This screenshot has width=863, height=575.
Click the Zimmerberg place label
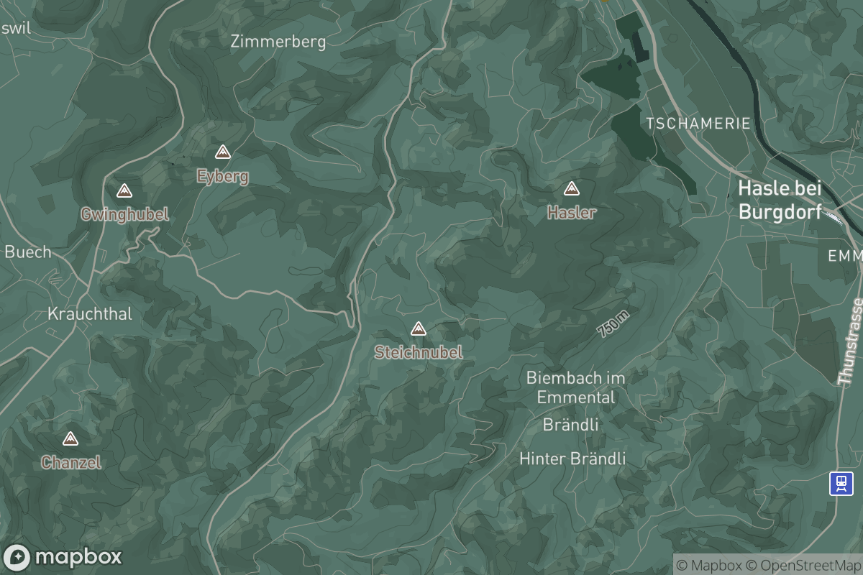pyautogui.click(x=278, y=42)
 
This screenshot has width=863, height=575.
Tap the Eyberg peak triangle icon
pyautogui.click(x=223, y=152)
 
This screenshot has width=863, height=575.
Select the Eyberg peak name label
pyautogui.click(x=223, y=176)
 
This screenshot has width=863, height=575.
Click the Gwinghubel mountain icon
pyautogui.click(x=124, y=190)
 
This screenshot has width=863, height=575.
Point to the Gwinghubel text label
pyautogui.click(x=124, y=214)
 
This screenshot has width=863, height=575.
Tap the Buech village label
pyautogui.click(x=28, y=252)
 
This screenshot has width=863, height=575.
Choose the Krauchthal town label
pyautogui.click(x=90, y=314)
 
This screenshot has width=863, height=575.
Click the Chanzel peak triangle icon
pyautogui.click(x=70, y=438)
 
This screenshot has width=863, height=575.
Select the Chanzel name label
pyautogui.click(x=70, y=463)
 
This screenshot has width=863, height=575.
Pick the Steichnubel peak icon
pyautogui.click(x=418, y=329)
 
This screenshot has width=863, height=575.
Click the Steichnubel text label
pyautogui.click(x=418, y=352)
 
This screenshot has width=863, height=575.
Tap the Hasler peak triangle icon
pyautogui.click(x=572, y=188)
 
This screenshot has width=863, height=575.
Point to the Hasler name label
pyautogui.click(x=572, y=213)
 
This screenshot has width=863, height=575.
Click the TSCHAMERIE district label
pyautogui.click(x=698, y=124)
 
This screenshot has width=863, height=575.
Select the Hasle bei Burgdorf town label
pyautogui.click(x=780, y=201)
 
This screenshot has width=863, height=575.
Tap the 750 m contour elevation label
pyautogui.click(x=613, y=324)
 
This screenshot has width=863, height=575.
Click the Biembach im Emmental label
pyautogui.click(x=575, y=387)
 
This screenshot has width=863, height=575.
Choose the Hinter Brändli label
pyautogui.click(x=572, y=459)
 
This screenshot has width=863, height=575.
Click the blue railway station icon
pyautogui.click(x=841, y=483)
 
